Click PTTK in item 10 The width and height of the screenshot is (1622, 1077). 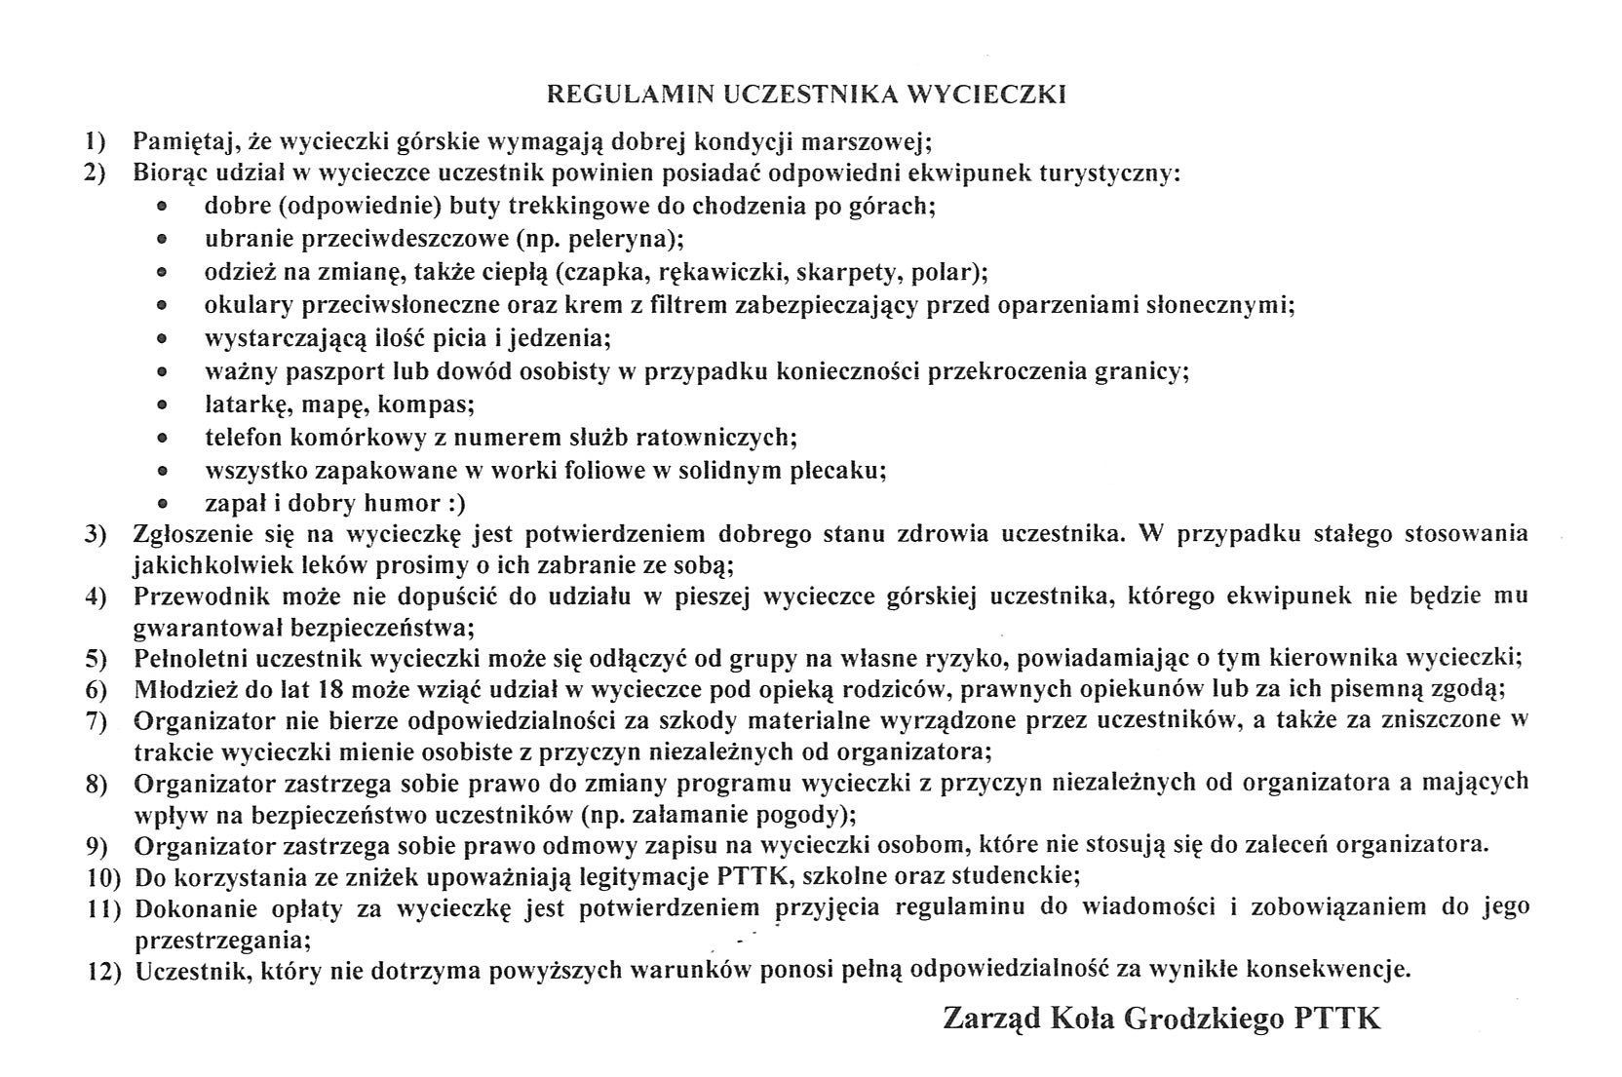[x=752, y=875]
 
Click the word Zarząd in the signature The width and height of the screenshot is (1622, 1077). [x=990, y=1019]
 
